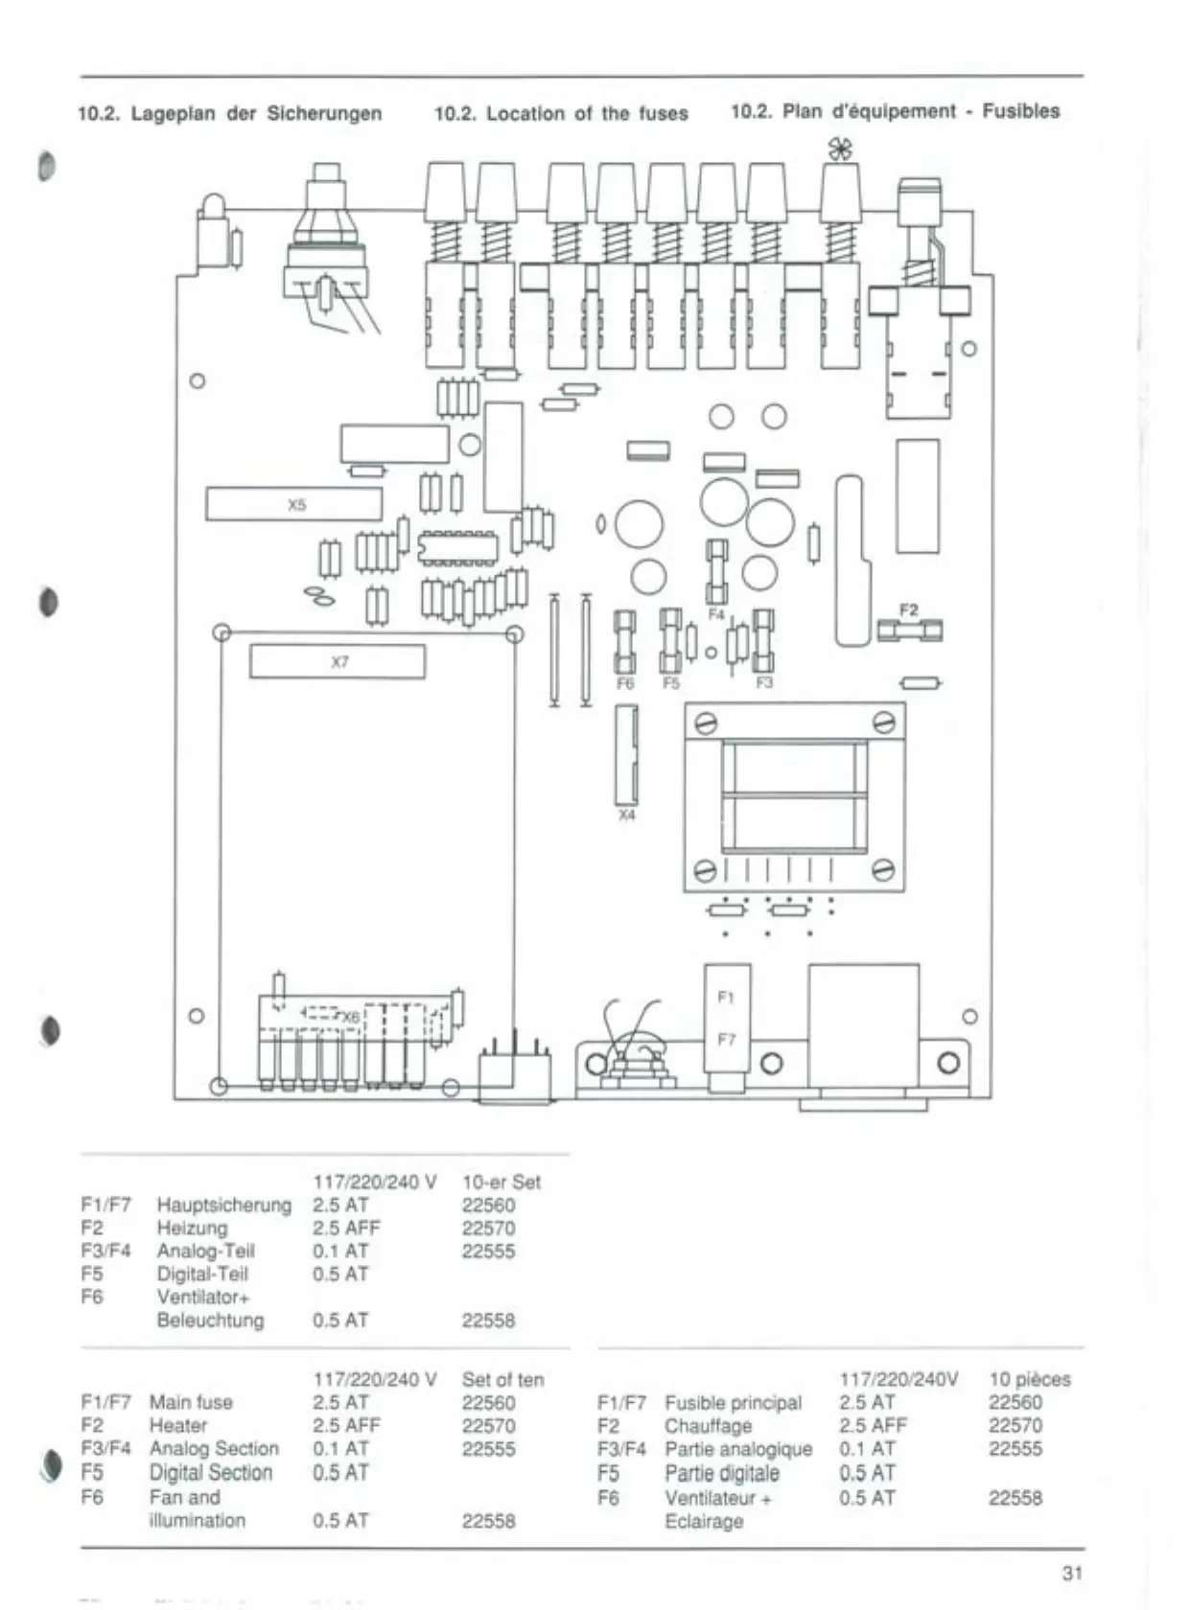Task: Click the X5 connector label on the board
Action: [296, 504]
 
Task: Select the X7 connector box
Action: [338, 662]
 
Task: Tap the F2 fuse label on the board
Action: [909, 609]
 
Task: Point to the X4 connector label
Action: [626, 816]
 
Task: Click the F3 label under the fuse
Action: [764, 683]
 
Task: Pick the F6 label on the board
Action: [625, 683]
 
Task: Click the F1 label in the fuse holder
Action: [726, 997]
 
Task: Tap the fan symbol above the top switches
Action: [840, 149]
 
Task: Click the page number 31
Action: [1072, 1573]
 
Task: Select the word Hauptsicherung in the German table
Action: [223, 1205]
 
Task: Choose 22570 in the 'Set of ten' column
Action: [488, 1426]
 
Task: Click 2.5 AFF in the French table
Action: [873, 1425]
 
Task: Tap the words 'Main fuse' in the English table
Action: [191, 1402]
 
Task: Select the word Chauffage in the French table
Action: [708, 1426]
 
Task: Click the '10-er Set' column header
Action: [501, 1182]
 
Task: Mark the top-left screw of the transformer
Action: [706, 722]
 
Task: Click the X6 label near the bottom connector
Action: [351, 1016]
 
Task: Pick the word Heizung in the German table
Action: [192, 1228]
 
